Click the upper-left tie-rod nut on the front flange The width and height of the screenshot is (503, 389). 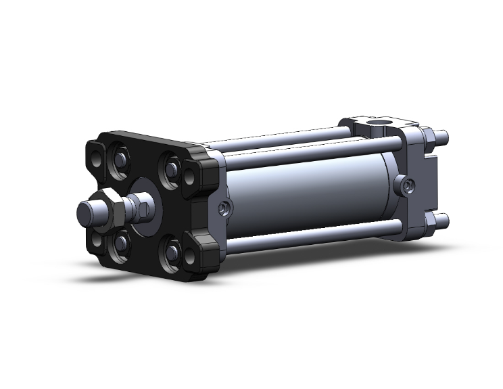click(119, 160)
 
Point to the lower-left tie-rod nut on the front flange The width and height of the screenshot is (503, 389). click(120, 242)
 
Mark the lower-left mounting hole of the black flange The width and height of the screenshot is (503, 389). click(97, 239)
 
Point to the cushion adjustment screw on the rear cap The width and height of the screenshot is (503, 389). click(406, 185)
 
